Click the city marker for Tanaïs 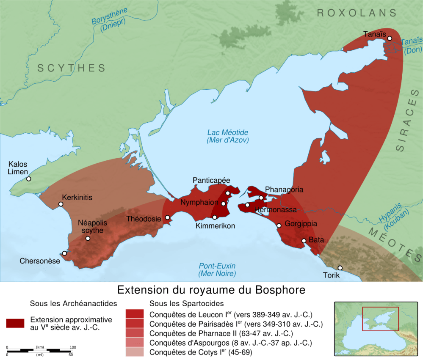pyautogui.click(x=390, y=38)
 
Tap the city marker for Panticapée pyautogui.click(x=228, y=193)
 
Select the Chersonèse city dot pyautogui.click(x=64, y=253)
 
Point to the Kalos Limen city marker pyautogui.click(x=29, y=179)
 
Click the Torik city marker pyautogui.click(x=340, y=267)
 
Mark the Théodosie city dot pyautogui.click(x=167, y=217)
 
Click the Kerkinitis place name pyautogui.click(x=77, y=198)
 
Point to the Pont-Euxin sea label pyautogui.click(x=217, y=269)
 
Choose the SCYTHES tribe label pyautogui.click(x=71, y=68)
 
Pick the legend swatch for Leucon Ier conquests pyautogui.click(x=135, y=314)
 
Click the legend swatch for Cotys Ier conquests pyautogui.click(x=135, y=352)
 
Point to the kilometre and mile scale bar pyautogui.click(x=41, y=350)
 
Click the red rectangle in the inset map pyautogui.click(x=381, y=319)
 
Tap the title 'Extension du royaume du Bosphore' pyautogui.click(x=211, y=290)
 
